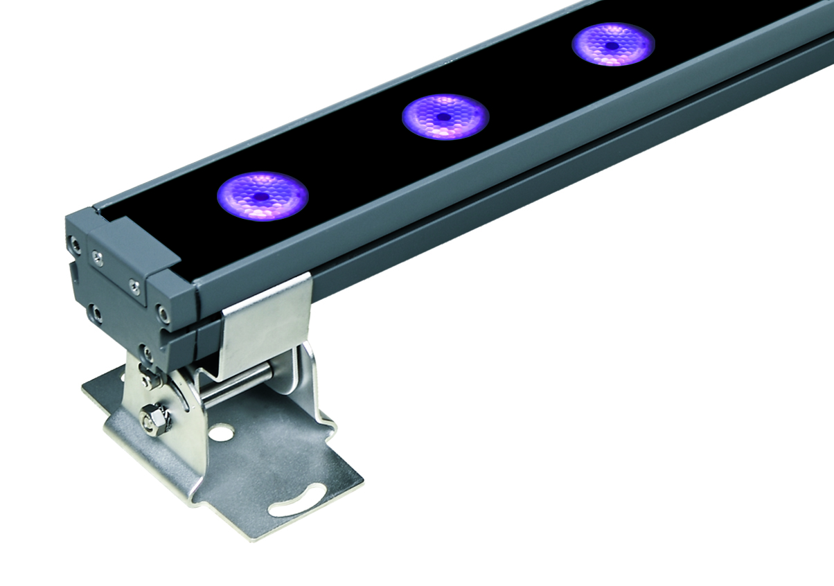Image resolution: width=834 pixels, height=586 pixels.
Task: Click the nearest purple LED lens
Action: click(262, 196)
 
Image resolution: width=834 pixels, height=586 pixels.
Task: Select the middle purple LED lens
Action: click(445, 116)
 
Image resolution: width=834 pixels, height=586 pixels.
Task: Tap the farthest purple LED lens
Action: click(613, 45)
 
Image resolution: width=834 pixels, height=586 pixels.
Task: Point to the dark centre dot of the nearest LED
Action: click(261, 197)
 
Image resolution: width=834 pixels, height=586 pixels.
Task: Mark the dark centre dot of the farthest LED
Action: click(612, 46)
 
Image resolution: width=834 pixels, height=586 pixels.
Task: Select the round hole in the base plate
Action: click(222, 434)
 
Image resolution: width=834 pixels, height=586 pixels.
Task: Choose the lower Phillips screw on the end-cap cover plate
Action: click(135, 285)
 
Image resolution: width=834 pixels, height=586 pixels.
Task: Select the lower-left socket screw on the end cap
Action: click(97, 314)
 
